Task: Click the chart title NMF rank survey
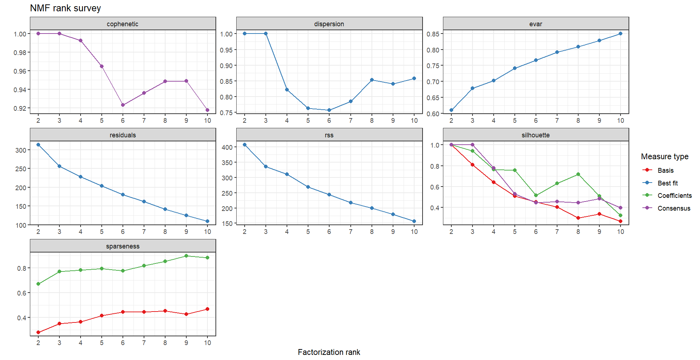65,8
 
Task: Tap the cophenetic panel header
122,24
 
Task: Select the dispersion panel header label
329,24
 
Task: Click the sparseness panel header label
122,246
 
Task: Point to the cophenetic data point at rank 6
123,105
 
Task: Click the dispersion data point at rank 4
287,90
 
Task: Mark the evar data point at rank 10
621,34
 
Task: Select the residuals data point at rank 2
38,145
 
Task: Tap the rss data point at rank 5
308,187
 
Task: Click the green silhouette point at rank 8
578,174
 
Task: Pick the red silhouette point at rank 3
472,165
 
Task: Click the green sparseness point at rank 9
186,256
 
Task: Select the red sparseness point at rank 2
38,332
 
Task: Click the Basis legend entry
665,170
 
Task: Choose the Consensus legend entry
674,208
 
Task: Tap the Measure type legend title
665,156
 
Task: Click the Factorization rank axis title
329,352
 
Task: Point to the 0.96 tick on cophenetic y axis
20,71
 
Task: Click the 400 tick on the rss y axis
227,147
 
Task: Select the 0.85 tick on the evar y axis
433,34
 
